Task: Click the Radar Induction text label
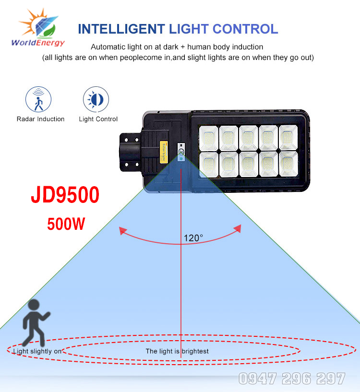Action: (40, 119)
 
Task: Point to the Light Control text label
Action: (98, 119)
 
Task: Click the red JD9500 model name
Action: (65, 196)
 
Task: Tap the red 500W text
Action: (66, 224)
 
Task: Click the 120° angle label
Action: (193, 238)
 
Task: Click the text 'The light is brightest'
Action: (177, 351)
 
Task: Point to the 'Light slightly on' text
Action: (37, 351)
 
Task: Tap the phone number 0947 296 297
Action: (292, 379)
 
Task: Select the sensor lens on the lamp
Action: (181, 153)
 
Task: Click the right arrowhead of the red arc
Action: (239, 230)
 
